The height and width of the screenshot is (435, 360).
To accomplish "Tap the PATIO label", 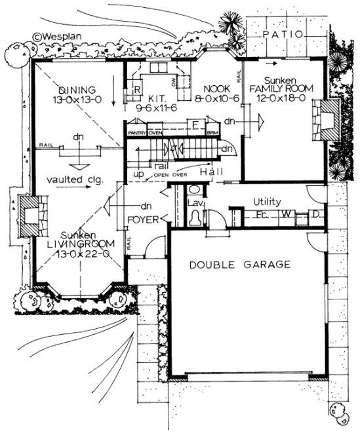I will point(283,33).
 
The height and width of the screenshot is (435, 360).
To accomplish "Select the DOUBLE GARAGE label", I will point(240,265).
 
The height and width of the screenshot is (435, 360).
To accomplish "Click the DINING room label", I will point(77,90).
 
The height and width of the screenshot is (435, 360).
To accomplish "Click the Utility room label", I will point(268,202).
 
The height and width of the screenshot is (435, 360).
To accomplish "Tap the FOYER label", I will point(141,218).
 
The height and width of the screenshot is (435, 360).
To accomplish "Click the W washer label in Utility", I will point(286,214).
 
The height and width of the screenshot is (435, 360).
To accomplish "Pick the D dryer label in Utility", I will point(315,214).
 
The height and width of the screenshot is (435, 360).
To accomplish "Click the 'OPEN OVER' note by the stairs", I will point(187,175).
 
